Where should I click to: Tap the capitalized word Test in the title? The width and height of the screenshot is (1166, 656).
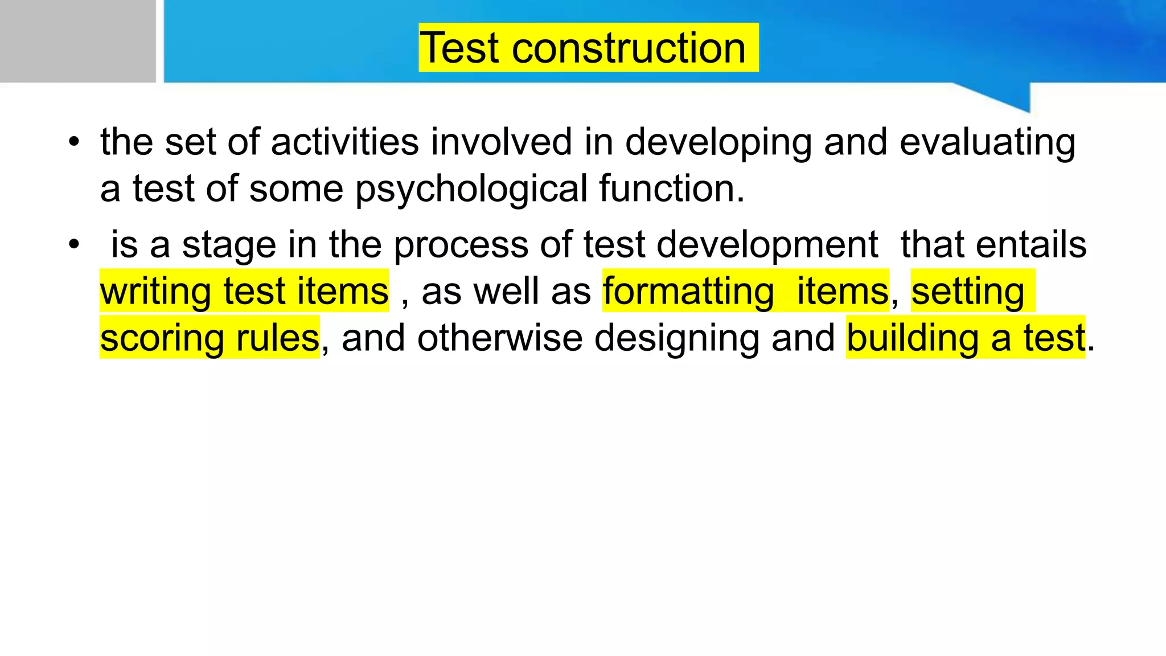[x=460, y=48]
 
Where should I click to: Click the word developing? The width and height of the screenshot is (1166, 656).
[x=719, y=143]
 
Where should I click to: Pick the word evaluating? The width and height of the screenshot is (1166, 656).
[x=987, y=143]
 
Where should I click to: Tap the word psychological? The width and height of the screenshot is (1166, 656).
[x=471, y=190]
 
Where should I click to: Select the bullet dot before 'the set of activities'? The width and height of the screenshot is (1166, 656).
[x=73, y=142]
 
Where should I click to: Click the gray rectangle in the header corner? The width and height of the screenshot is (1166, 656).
[x=77, y=41]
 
